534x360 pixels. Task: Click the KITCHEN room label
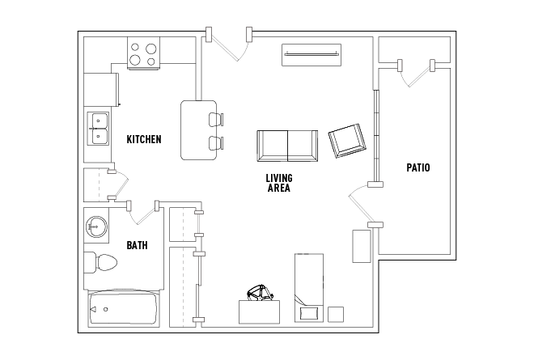144,139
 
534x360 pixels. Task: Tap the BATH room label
137,245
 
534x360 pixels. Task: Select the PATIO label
418,167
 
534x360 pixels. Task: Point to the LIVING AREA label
279,183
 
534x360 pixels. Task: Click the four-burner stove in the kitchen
143,53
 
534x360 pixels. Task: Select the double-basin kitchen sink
98,129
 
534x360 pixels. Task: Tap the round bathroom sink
96,227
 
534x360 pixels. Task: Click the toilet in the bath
100,263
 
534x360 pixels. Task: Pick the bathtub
124,309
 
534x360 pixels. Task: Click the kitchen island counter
198,130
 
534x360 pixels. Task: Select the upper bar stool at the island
216,120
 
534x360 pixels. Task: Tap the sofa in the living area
287,146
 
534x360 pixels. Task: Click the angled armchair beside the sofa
347,141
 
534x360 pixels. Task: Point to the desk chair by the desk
261,293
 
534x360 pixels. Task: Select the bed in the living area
309,287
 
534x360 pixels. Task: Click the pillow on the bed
309,313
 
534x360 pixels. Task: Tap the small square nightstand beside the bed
336,315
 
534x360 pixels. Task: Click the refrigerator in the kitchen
101,89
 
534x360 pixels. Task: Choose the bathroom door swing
142,214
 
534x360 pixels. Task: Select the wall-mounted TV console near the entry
311,54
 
